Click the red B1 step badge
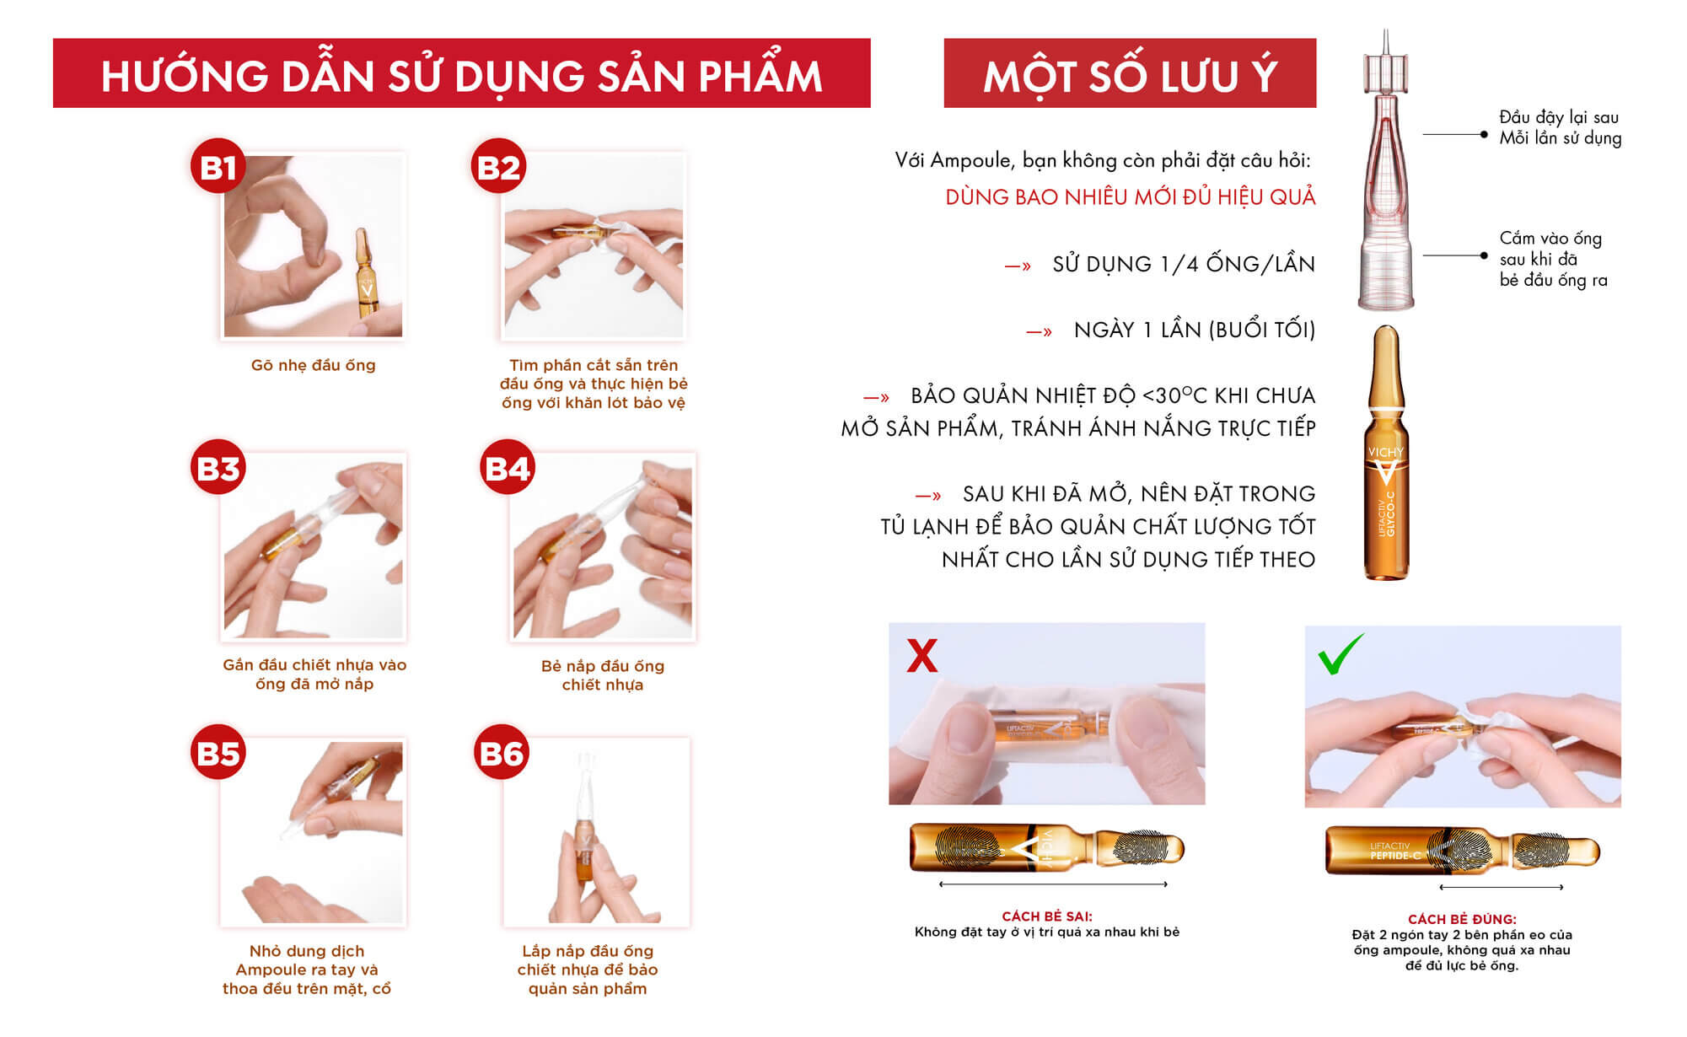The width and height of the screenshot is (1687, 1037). click(x=218, y=166)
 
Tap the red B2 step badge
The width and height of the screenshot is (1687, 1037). click(x=498, y=166)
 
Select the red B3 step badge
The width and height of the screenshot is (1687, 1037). click(x=218, y=467)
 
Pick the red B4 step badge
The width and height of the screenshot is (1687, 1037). click(x=508, y=467)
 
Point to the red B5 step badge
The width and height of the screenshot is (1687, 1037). click(x=218, y=752)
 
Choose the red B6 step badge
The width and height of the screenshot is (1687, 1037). click(x=501, y=752)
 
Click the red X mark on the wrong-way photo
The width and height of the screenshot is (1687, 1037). click(x=921, y=655)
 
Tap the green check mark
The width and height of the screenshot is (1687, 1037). click(x=1340, y=654)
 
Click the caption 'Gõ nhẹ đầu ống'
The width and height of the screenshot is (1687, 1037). click(x=313, y=365)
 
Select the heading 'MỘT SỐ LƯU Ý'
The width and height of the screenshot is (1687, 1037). click(x=1130, y=75)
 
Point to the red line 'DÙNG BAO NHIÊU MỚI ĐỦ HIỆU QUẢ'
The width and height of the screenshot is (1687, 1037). click(x=1130, y=196)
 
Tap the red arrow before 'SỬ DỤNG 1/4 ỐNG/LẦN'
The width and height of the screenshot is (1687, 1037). click(x=1018, y=266)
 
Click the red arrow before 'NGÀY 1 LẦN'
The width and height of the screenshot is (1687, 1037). click(x=1039, y=332)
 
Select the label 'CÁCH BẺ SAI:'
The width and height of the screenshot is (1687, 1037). click(x=1046, y=916)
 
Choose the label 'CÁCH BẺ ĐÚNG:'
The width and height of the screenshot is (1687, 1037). click(x=1462, y=919)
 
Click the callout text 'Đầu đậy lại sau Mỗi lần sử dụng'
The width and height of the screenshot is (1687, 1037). click(x=1560, y=127)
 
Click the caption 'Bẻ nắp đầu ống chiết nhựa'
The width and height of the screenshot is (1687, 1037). click(x=603, y=675)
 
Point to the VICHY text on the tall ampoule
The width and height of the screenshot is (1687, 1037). click(x=1385, y=452)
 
